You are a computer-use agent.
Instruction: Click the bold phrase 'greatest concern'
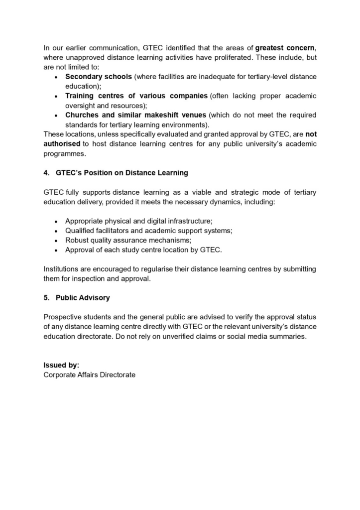(284, 48)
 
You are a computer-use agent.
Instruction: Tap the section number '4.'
(47, 173)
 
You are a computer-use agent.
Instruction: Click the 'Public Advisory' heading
(83, 298)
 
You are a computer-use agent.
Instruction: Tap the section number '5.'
(47, 298)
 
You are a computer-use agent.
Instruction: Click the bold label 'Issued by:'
(61, 365)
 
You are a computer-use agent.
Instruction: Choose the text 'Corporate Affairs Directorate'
(89, 375)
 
